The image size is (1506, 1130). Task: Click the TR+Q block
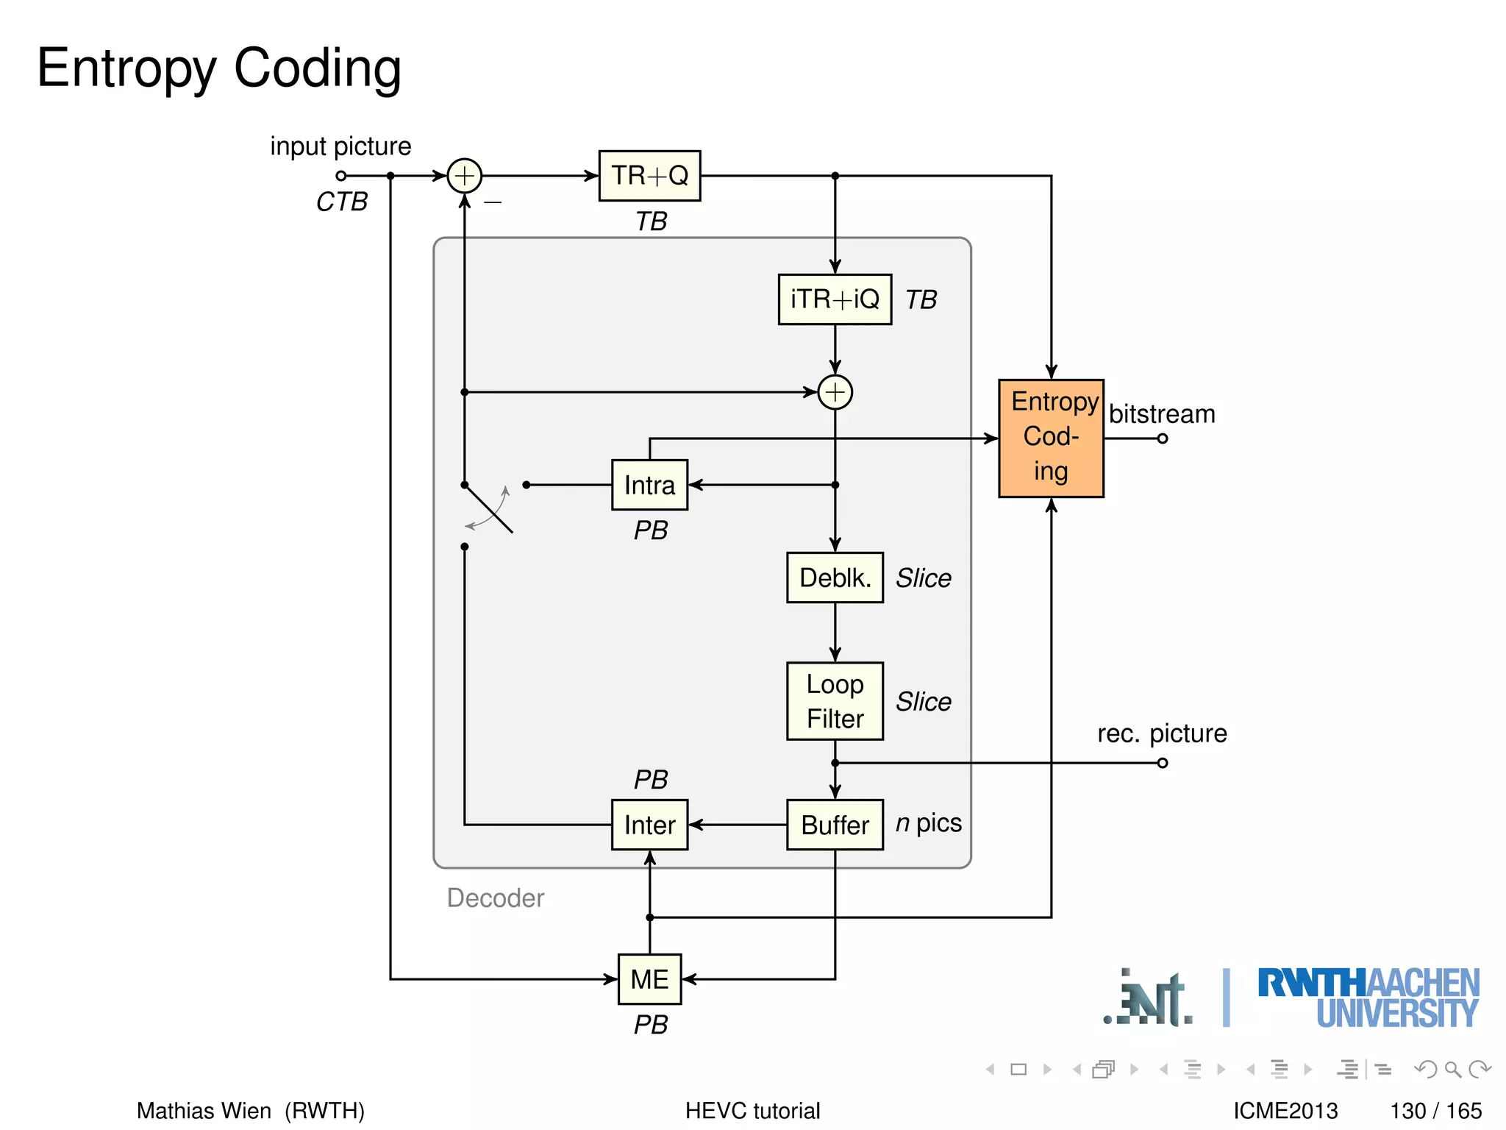pos(649,176)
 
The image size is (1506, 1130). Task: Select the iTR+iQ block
pos(835,299)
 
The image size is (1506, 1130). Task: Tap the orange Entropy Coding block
pos(1051,438)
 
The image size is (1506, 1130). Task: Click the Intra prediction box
pos(649,485)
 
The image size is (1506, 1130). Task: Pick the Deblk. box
pos(835,578)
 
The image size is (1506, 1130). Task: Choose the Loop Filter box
pos(835,701)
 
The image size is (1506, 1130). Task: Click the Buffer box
pos(835,825)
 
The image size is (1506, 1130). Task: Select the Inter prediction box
pos(649,825)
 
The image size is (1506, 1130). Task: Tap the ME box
pos(649,979)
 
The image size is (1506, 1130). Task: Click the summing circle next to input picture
pos(464,176)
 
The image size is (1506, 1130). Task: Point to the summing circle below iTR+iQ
pos(835,392)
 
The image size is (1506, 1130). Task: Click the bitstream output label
pos(1162,414)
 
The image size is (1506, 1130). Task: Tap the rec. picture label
pos(1162,733)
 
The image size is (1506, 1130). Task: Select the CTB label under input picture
pos(342,202)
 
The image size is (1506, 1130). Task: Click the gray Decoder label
pos(495,898)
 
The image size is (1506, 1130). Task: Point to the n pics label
pos(928,822)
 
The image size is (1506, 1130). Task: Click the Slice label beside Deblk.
pos(923,578)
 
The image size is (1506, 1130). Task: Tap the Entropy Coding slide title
pos(219,68)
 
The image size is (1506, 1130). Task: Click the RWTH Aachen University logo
pos(1368,998)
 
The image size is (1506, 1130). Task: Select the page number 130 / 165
pos(1435,1110)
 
